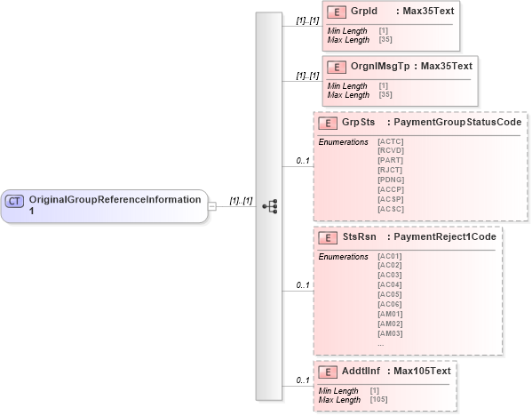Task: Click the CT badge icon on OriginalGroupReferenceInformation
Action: pyautogui.click(x=15, y=201)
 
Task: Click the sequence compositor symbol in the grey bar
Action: pyautogui.click(x=270, y=206)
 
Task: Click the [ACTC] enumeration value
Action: pyautogui.click(x=390, y=141)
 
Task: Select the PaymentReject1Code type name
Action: pyautogui.click(x=444, y=237)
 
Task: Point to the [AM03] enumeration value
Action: pyautogui.click(x=390, y=333)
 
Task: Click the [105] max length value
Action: pyautogui.click(x=379, y=400)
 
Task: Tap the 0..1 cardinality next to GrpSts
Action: pyautogui.click(x=302, y=161)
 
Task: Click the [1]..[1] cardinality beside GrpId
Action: pyautogui.click(x=307, y=19)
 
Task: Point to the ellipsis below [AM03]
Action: pyautogui.click(x=381, y=343)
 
